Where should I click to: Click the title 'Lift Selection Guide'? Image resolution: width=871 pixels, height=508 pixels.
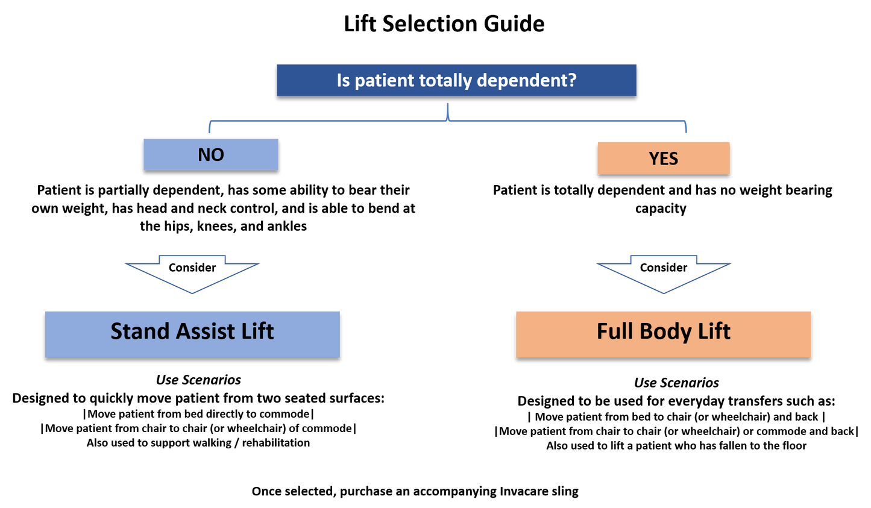pos(444,24)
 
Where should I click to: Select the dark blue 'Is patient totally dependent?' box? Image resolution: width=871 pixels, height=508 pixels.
pos(456,80)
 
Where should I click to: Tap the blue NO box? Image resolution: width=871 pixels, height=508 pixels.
pos(211,155)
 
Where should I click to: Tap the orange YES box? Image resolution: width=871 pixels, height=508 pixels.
pos(664,158)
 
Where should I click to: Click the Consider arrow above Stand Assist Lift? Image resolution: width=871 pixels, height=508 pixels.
pos(192,274)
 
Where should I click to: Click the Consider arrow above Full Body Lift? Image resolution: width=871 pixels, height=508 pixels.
pos(664,274)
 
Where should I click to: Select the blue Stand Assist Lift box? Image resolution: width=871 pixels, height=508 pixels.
pos(192,334)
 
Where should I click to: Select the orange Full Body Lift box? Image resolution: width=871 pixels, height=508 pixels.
pos(664,334)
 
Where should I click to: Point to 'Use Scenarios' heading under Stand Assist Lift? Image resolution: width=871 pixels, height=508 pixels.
pos(198,380)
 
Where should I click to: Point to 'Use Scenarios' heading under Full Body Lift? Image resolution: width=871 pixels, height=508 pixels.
pos(676,383)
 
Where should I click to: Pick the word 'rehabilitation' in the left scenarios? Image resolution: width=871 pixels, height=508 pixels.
pos(276,443)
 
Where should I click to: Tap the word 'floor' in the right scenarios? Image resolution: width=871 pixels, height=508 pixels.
pos(792,445)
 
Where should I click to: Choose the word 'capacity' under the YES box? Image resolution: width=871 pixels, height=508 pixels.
pos(661,209)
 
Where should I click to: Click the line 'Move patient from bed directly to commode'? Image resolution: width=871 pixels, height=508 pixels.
pos(198,414)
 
